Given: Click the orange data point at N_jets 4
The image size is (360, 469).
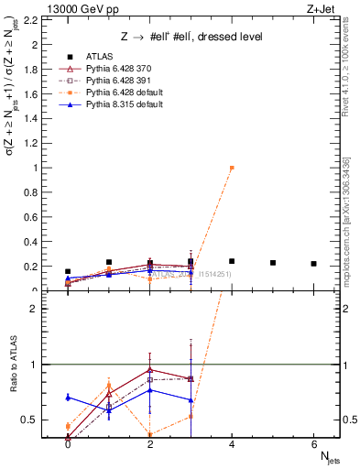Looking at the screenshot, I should coord(232,168).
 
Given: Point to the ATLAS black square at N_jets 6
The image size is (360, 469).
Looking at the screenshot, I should coord(314,264).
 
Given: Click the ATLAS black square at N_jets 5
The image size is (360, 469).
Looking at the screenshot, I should coord(273,263).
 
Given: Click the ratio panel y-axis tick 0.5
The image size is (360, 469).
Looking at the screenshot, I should coord(34,420).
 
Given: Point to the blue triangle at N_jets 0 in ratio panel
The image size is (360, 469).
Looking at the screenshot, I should coord(68,398).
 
